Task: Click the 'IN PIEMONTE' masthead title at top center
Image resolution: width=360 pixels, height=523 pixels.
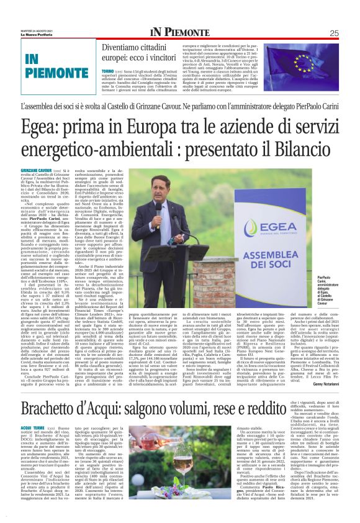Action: coord(179,33)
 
